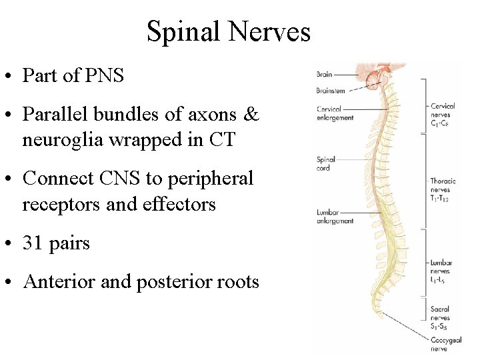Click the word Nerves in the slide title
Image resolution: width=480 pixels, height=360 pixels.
coord(270,32)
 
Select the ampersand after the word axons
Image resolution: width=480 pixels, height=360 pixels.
coord(251,115)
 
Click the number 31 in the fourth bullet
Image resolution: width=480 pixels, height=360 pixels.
coord(32,243)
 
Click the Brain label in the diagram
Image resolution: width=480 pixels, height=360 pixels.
coord(324,75)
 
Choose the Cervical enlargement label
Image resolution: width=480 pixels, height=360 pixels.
coord(335,113)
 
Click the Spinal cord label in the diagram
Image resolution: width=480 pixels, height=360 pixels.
coord(326,164)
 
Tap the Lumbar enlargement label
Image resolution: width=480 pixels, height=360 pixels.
coord(335,217)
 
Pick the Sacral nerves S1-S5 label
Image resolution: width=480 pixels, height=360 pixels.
coord(441,318)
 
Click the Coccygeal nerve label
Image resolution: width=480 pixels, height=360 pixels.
coord(446,344)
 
